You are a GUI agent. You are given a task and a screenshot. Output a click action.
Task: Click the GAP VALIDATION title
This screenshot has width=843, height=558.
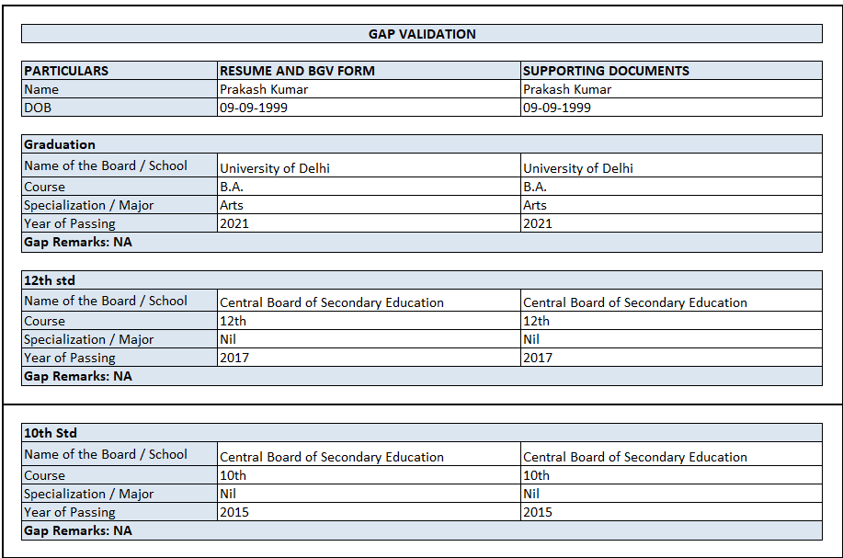(x=422, y=34)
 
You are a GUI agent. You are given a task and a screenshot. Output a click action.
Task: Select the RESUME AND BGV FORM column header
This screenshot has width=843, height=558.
(x=297, y=71)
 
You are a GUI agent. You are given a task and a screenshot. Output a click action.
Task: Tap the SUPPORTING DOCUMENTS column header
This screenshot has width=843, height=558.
(x=606, y=71)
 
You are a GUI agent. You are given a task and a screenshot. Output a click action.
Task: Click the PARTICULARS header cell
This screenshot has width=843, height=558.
(x=66, y=71)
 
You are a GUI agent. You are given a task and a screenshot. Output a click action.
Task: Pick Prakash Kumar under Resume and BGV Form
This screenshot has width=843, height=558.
(x=264, y=89)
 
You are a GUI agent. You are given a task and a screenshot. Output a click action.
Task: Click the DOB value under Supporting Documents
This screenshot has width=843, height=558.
(x=557, y=108)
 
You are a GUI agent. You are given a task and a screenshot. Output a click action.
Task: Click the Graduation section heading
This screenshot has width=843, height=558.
(x=60, y=144)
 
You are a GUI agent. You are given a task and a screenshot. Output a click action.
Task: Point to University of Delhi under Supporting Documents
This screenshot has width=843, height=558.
(x=578, y=168)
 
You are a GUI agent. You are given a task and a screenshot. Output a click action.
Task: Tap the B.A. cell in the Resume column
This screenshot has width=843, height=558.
(x=232, y=187)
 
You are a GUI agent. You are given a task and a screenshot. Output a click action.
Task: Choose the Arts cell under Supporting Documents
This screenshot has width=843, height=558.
(x=535, y=205)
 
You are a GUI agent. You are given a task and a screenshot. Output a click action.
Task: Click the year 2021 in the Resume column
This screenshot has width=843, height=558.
(x=234, y=223)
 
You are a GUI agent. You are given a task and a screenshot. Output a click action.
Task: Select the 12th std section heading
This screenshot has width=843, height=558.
(x=50, y=280)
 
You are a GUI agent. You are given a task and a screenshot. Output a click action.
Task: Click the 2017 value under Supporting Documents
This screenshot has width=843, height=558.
(x=538, y=358)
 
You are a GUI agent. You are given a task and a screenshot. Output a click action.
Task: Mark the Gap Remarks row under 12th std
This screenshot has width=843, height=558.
(x=78, y=376)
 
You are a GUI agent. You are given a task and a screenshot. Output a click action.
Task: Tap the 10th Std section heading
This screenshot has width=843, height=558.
(x=51, y=433)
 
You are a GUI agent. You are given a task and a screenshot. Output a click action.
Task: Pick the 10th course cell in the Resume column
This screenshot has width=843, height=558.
(x=234, y=475)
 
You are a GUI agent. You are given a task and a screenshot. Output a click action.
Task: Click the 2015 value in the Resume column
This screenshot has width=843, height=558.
(x=234, y=512)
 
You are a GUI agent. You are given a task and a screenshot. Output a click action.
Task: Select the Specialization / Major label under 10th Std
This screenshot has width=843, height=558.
(x=89, y=494)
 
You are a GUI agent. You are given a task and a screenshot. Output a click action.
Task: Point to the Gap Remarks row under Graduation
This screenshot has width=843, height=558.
(x=78, y=242)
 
